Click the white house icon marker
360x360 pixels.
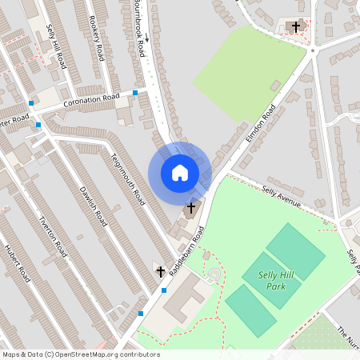179,173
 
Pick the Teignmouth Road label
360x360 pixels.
127,177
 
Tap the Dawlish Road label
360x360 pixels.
94,206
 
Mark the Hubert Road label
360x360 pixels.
18,262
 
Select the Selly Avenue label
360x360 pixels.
281,197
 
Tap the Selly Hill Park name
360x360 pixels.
276,280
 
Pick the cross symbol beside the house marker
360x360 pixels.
190,208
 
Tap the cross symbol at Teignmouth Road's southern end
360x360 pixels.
159,272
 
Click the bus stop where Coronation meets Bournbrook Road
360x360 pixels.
135,93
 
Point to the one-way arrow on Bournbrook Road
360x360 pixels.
146,38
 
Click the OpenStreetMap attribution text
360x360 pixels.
81,354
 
